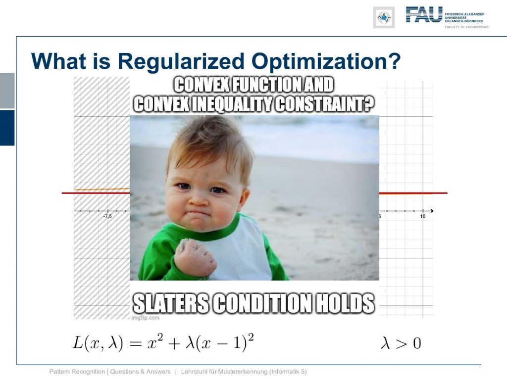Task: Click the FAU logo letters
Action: click(x=424, y=15)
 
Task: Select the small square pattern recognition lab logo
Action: click(x=384, y=17)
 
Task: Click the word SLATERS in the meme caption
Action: click(x=171, y=303)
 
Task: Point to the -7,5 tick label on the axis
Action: click(x=107, y=216)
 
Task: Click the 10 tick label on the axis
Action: click(x=423, y=216)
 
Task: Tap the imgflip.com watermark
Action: click(x=146, y=318)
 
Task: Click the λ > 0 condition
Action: click(x=401, y=343)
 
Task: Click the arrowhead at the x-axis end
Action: click(x=431, y=211)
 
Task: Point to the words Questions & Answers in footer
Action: click(x=140, y=372)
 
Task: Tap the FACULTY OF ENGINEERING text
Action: click(x=466, y=27)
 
